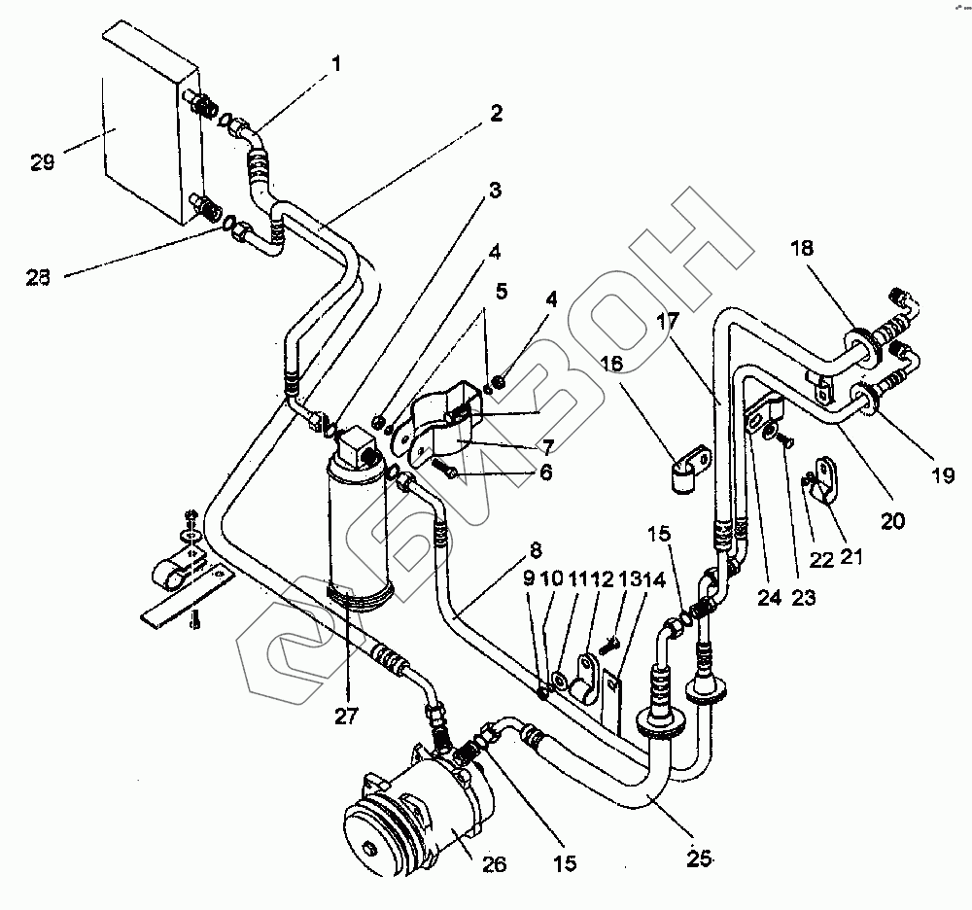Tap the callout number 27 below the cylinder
[347, 717]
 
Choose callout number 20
[892, 521]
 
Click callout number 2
[496, 114]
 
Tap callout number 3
[495, 190]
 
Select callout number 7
[548, 447]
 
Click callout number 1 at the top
[336, 66]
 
